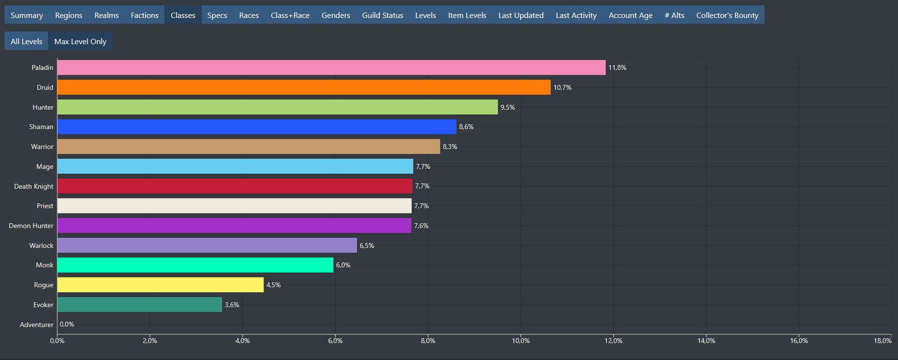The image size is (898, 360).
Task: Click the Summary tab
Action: tap(27, 15)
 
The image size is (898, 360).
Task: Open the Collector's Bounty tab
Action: tap(727, 15)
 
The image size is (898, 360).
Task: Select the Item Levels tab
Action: tap(467, 15)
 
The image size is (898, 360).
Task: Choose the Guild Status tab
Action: tap(382, 15)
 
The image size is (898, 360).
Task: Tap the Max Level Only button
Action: tap(80, 41)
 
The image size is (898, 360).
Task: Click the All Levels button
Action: tap(26, 41)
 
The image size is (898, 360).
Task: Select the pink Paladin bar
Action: tap(331, 67)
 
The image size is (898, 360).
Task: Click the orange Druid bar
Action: tap(304, 87)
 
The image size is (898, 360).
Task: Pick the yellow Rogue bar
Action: tap(160, 285)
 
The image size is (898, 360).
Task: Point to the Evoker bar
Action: tap(140, 305)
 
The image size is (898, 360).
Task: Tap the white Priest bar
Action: tap(234, 206)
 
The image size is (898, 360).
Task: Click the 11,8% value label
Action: tap(617, 67)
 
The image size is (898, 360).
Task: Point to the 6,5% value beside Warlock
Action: tap(367, 245)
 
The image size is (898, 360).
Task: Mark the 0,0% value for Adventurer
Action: tap(67, 324)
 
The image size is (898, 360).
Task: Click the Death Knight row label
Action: tap(33, 186)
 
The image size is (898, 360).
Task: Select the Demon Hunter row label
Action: tap(31, 226)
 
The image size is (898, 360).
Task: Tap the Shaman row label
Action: tap(41, 127)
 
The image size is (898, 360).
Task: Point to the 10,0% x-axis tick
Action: tap(521, 341)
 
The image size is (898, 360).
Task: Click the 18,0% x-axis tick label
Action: tap(882, 341)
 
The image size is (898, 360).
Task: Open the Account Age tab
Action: tap(630, 15)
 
